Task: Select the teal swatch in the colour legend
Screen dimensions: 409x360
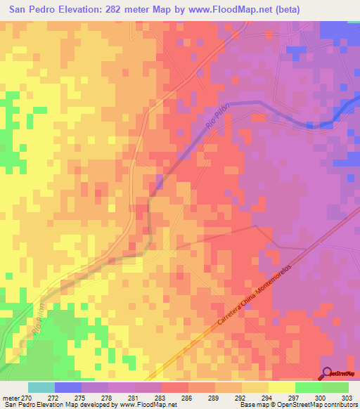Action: click(x=41, y=387)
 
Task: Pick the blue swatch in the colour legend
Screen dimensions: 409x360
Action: click(x=68, y=387)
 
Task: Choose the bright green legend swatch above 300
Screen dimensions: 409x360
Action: click(x=308, y=387)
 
